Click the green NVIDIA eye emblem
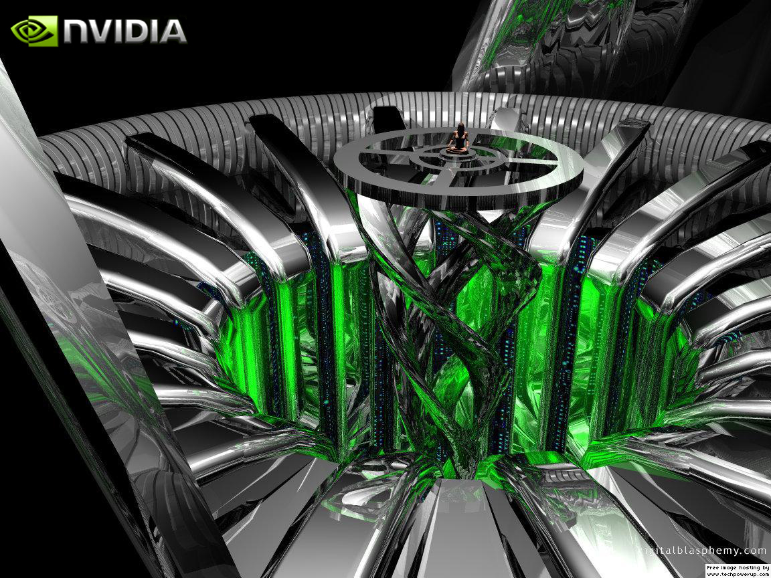34,31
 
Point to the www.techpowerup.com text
736,573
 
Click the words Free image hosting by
737,567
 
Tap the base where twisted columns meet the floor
462,468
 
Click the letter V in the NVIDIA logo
107,31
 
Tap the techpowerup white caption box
736,571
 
